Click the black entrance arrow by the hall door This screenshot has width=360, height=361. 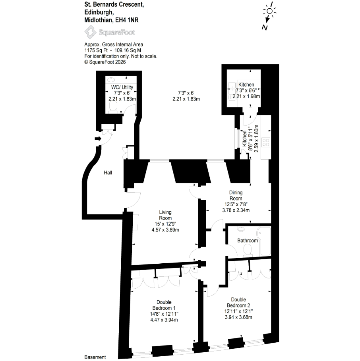[x=98, y=139]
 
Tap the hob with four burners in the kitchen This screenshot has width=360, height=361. [x=266, y=142]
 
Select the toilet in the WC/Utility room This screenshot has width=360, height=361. [x=113, y=107]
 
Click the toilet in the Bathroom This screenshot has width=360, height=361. [x=248, y=250]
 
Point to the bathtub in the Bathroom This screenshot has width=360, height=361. [x=265, y=241]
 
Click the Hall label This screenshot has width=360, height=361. [x=108, y=173]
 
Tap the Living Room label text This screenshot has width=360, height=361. [x=165, y=215]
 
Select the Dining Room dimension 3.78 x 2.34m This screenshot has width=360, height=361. [x=236, y=210]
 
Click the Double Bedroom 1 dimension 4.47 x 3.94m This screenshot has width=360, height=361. [x=164, y=320]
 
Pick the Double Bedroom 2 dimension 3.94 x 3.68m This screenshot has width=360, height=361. [x=238, y=317]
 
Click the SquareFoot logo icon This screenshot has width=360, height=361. [x=90, y=32]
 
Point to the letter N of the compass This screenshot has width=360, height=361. [x=265, y=27]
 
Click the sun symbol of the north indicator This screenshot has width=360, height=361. [x=269, y=11]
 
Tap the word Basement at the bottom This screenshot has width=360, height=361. [x=95, y=357]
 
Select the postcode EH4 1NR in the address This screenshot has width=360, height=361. [x=127, y=20]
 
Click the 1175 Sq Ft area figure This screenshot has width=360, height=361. [x=96, y=50]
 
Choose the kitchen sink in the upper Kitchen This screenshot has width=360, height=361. [x=232, y=91]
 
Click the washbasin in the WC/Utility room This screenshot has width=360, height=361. [x=111, y=80]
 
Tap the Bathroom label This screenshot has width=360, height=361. [x=248, y=241]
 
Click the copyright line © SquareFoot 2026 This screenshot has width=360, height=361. [x=105, y=62]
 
